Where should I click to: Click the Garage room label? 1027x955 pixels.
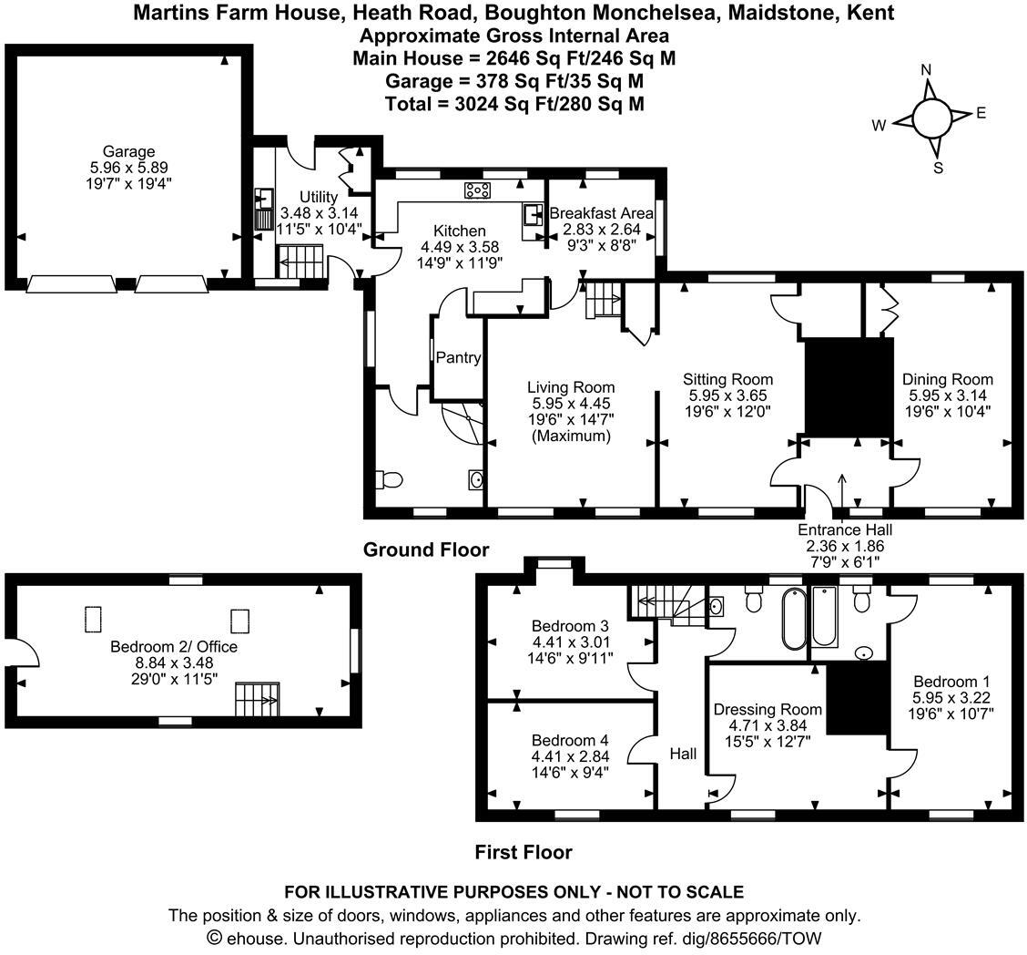pos(128,152)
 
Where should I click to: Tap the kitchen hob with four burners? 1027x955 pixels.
pos(477,190)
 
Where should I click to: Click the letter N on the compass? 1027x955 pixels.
pos(926,70)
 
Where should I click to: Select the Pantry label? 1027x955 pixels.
pos(457,357)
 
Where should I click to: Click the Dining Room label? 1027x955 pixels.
pos(947,379)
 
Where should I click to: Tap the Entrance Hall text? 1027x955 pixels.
pos(844,529)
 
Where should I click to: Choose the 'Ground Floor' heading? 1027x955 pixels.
pos(425,549)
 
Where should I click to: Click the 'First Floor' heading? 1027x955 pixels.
pos(523,852)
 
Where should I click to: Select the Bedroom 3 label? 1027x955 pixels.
pos(570,626)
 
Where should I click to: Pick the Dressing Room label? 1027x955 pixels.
pos(768,709)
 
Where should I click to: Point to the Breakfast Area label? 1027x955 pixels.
pos(601,213)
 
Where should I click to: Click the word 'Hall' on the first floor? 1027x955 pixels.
pos(683,754)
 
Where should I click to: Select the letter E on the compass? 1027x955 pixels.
pos(981,113)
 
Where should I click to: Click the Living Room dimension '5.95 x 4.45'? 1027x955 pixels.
pos(571,404)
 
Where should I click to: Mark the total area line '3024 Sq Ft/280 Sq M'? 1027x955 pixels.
pos(514,104)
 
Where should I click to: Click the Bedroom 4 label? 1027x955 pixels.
pos(570,740)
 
